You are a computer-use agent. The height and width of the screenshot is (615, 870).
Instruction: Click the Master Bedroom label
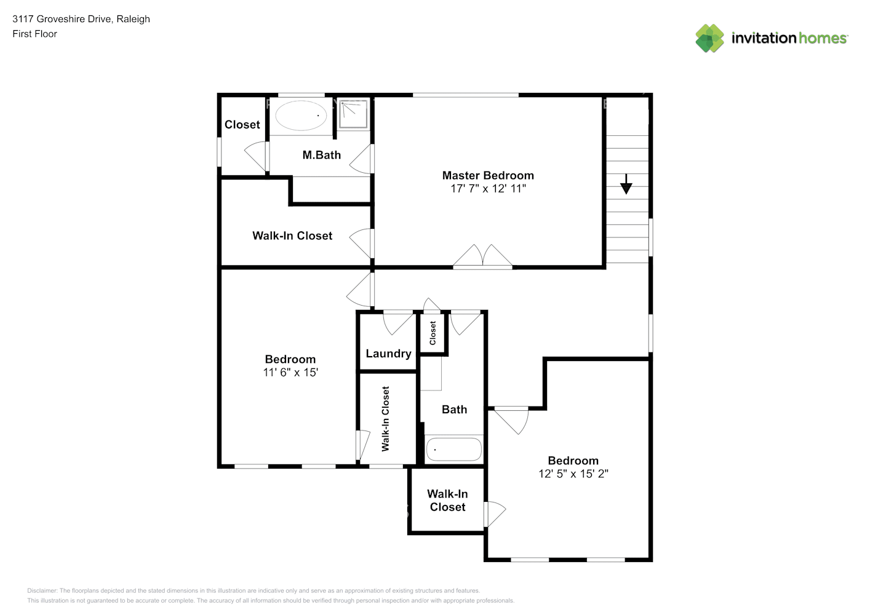click(x=488, y=175)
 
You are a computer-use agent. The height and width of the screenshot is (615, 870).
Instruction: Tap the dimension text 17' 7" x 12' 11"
click(x=488, y=189)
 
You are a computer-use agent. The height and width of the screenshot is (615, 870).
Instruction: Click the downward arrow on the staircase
click(x=626, y=184)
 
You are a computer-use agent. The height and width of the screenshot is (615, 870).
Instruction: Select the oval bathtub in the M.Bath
click(x=301, y=115)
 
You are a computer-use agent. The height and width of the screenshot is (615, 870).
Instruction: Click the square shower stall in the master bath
click(x=353, y=114)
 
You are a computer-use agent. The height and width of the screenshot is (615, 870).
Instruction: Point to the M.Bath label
click(x=321, y=155)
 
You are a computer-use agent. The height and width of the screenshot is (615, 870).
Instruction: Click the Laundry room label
click(x=388, y=354)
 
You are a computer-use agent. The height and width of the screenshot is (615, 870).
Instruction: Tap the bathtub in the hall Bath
click(x=454, y=450)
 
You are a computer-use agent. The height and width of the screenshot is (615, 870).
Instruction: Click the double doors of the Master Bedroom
click(x=483, y=257)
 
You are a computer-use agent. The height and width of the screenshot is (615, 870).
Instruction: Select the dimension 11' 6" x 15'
click(x=290, y=373)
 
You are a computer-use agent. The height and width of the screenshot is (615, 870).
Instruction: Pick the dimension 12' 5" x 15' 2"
click(x=573, y=474)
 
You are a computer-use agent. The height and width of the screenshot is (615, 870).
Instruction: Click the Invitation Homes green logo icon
click(x=709, y=38)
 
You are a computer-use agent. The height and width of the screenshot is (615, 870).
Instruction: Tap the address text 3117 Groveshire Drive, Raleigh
click(x=81, y=19)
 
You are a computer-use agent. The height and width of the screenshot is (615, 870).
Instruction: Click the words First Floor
click(x=34, y=34)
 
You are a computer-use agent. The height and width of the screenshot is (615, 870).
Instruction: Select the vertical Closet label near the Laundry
click(x=433, y=333)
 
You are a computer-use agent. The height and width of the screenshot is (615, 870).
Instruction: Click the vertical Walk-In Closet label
click(x=386, y=419)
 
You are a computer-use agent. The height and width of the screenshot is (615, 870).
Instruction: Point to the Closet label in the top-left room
click(x=242, y=125)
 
